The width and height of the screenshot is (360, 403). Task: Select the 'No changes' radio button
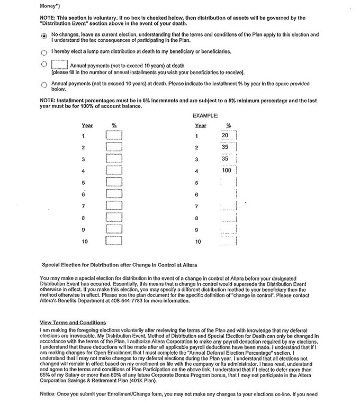(43, 36)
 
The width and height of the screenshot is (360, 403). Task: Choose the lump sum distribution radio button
(43, 53)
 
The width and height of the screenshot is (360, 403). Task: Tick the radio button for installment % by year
(43, 85)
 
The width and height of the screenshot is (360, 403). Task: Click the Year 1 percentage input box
(114, 136)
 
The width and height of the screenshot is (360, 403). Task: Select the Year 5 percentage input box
(114, 183)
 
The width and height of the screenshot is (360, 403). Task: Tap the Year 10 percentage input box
(114, 241)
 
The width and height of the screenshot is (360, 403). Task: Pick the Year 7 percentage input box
(114, 206)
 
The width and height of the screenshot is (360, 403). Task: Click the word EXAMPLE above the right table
(206, 114)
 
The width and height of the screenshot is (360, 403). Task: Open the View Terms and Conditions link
(73, 323)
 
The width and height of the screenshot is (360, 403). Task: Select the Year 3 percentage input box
(114, 159)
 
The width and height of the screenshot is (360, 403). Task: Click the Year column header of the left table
(87, 126)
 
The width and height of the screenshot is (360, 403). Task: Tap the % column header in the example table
(229, 126)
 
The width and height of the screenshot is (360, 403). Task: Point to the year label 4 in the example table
(196, 171)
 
